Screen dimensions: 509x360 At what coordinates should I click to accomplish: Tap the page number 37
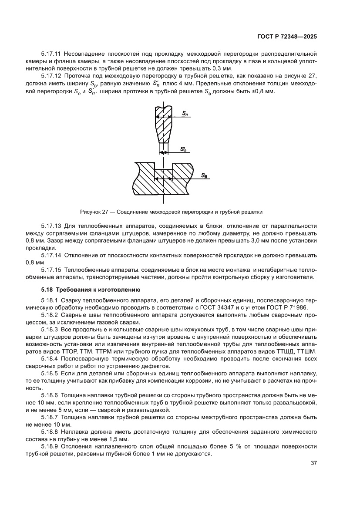[313, 463]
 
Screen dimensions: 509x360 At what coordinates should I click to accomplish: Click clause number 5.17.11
[51, 54]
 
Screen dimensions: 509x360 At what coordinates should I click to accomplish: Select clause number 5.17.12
[51, 76]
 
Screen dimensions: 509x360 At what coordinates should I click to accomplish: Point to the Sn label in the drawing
[185, 113]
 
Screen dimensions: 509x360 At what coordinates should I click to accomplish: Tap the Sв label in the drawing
[204, 175]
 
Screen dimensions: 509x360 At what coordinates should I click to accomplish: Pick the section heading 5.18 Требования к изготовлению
[84, 289]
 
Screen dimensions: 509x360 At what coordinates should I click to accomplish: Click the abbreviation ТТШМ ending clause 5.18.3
[307, 352]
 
